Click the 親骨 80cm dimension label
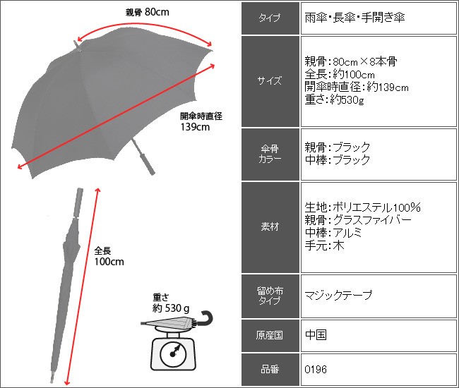pos(148,12)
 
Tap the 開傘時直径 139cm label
pos(201,121)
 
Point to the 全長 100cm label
pos(109,256)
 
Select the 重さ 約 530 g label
pos(171,303)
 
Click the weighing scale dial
pos(173,354)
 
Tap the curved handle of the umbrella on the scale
pos(205,318)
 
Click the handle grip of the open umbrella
pos(148,163)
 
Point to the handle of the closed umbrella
pos(78,202)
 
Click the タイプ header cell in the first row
pos(270,18)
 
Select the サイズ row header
pos(270,81)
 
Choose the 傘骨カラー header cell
pos(270,154)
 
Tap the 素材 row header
pos(270,227)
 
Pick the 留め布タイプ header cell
pos(270,296)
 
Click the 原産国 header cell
pos(270,335)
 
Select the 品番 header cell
pos(270,369)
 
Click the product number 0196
pos(316,369)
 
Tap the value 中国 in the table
pos(316,335)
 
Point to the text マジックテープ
pos(338,295)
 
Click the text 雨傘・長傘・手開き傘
pos(354,18)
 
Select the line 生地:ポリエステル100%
pos(363,207)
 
